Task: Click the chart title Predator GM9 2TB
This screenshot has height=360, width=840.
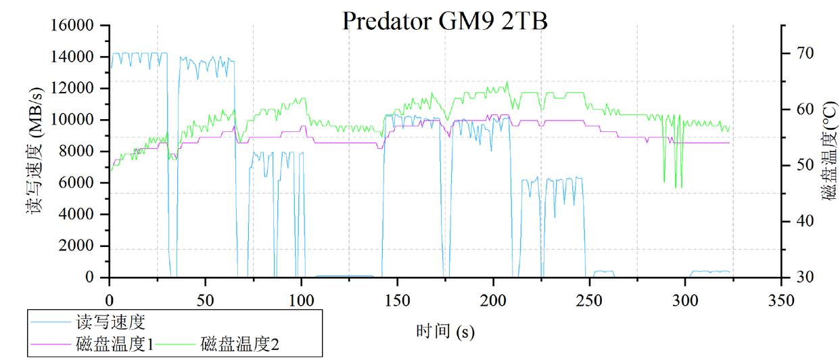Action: [444, 20]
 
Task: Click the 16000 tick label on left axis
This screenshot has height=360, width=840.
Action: [74, 26]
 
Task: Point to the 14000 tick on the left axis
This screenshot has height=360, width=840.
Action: [74, 57]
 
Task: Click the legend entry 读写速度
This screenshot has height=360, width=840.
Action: [112, 321]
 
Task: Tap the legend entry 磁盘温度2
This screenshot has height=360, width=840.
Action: [240, 344]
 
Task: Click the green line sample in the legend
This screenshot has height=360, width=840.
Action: [177, 344]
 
